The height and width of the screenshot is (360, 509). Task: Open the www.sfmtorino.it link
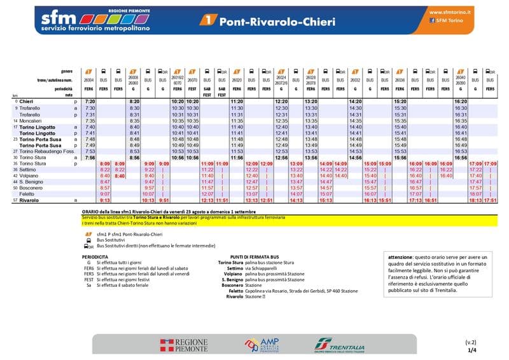pyautogui.click(x=450, y=12)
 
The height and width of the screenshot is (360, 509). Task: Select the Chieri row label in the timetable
pyautogui.click(x=26, y=102)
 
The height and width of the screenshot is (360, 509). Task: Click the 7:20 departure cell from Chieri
pyautogui.click(x=90, y=102)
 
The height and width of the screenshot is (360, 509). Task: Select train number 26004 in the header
pyautogui.click(x=90, y=81)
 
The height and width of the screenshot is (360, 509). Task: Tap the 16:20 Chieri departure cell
pyautogui.click(x=460, y=102)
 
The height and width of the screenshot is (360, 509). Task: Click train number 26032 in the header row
pyautogui.click(x=356, y=81)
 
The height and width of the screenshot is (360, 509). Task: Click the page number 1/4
pyautogui.click(x=471, y=349)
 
